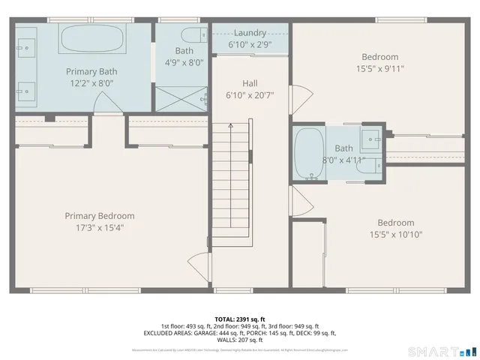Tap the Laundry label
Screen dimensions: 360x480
(249, 33)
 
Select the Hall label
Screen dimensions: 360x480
(250, 83)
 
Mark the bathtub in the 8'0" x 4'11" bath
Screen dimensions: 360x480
(308, 154)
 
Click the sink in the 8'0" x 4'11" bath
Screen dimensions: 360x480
(370, 137)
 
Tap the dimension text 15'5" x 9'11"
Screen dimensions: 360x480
(379, 68)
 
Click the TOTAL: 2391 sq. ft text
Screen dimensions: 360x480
(239, 319)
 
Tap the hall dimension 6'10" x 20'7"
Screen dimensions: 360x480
(250, 95)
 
